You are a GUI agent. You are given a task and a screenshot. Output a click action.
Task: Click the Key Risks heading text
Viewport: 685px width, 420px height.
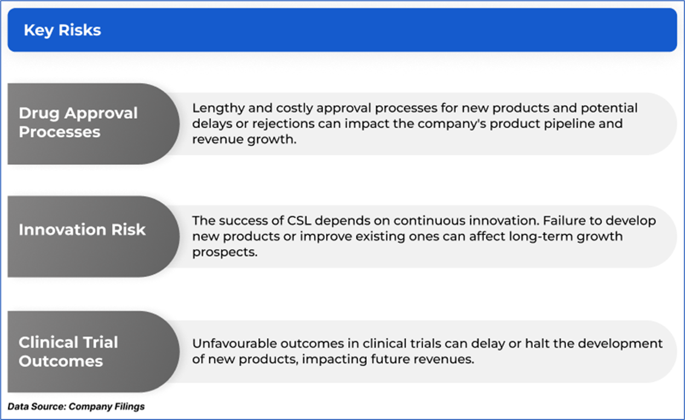(62, 30)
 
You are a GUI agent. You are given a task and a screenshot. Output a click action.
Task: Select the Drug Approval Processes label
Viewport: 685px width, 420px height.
(78, 123)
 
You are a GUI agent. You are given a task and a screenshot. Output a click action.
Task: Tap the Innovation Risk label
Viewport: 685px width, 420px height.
(82, 229)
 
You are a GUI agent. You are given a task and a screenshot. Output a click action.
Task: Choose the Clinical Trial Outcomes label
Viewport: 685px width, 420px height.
(68, 352)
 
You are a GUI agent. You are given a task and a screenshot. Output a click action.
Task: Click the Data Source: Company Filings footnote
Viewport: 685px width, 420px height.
(76, 406)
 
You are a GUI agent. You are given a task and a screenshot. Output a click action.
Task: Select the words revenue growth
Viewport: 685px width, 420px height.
(244, 140)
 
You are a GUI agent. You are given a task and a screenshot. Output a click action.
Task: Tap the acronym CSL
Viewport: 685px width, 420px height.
(299, 221)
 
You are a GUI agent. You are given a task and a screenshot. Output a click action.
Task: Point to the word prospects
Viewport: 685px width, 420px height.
(225, 252)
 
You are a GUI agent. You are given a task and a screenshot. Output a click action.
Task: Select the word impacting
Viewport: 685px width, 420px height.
(335, 359)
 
